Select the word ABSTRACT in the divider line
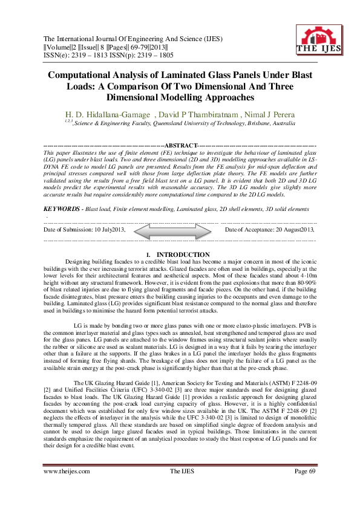point(182,146)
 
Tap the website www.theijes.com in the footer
point(67,488)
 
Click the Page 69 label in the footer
point(306,488)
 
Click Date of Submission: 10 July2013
point(85,230)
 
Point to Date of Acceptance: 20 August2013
point(270,230)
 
